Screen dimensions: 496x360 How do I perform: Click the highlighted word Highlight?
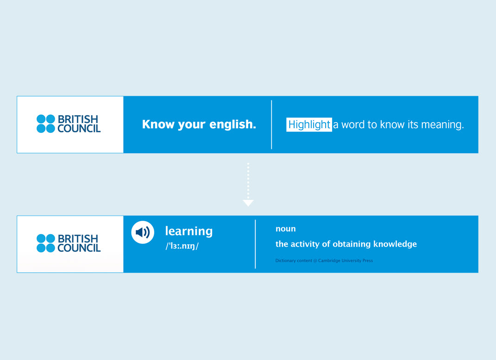tap(309, 124)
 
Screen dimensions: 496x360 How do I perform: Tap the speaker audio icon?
tap(143, 232)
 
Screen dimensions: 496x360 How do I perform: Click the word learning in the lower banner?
tap(189, 231)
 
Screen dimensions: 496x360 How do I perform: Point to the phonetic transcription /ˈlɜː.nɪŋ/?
tap(182, 246)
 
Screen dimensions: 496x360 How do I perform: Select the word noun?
tap(286, 229)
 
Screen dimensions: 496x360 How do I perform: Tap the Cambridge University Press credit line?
tap(324, 261)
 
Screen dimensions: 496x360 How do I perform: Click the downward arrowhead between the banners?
tap(248, 203)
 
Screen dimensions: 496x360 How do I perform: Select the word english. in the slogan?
tap(232, 124)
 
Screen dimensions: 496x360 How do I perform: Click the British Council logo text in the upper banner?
tap(79, 124)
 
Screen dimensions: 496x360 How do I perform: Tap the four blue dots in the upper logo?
tap(46, 124)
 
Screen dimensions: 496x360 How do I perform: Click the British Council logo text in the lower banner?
tap(79, 243)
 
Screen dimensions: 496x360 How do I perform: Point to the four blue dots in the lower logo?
tap(46, 243)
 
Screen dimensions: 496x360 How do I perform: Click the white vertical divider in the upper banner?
tap(271, 124)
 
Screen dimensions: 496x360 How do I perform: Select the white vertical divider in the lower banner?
tap(255, 244)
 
